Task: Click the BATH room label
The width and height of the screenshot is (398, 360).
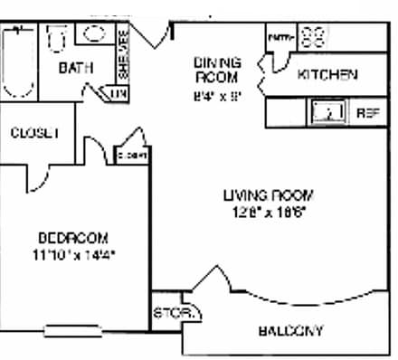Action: tap(71, 68)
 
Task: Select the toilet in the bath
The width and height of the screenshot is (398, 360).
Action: tap(58, 41)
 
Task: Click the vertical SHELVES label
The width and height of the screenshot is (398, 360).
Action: tap(122, 53)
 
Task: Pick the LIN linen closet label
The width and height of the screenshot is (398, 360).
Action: tap(117, 93)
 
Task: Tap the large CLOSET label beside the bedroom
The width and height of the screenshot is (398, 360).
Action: tap(34, 133)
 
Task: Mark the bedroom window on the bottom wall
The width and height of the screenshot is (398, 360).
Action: tap(69, 330)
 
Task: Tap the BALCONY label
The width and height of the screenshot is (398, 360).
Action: tap(290, 331)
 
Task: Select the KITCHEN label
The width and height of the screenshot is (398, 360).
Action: tap(327, 75)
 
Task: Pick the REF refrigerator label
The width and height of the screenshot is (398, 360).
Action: tap(367, 113)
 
